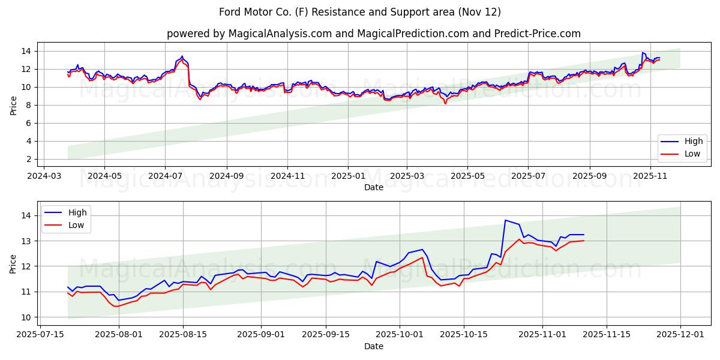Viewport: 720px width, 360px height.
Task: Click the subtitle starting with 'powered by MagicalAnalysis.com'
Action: [x=373, y=34]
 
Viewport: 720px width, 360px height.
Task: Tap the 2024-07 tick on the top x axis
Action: [x=166, y=177]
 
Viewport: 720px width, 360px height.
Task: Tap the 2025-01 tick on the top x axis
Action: [x=348, y=177]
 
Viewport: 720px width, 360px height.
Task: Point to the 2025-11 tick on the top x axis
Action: [x=650, y=177]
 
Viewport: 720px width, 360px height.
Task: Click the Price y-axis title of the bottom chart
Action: [x=13, y=263]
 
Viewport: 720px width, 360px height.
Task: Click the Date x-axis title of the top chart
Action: [x=373, y=187]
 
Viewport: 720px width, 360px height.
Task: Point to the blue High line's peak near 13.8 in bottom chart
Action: [x=505, y=220]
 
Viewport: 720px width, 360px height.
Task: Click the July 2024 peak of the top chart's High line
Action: [x=182, y=56]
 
